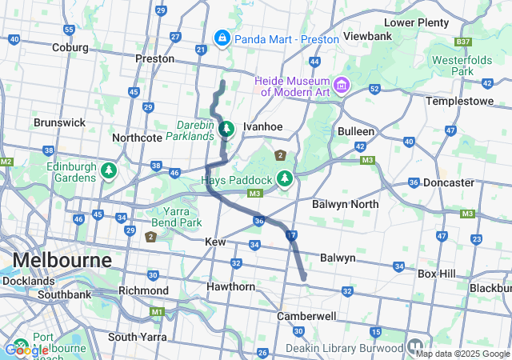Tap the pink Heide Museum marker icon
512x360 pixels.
coord(342,84)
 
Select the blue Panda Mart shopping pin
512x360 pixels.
coord(222,38)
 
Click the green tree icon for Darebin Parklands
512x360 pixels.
coord(226,128)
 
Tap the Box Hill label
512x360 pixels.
coord(437,274)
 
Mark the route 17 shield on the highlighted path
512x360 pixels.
coord(291,235)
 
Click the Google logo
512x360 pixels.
coord(26,350)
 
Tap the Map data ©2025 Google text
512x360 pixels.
coord(462,354)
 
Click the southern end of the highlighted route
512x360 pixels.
coord(304,278)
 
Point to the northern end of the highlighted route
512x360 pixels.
coord(222,82)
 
